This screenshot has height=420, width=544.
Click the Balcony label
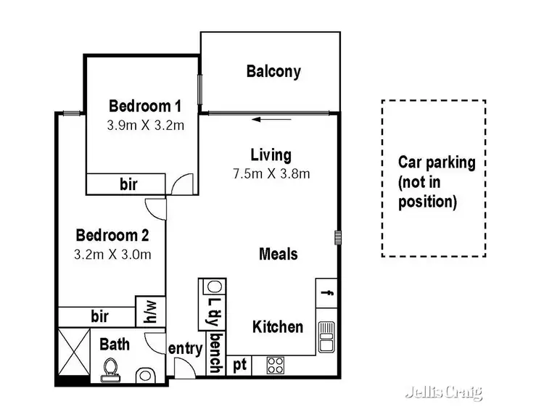(273, 71)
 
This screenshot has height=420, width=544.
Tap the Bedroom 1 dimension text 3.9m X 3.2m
(146, 125)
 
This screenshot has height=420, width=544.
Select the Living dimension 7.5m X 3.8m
(271, 173)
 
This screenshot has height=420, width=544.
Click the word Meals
(279, 254)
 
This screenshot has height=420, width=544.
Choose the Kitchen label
(277, 327)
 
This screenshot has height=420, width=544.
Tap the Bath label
(115, 343)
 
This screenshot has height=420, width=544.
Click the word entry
(185, 349)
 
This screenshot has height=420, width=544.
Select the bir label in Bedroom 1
(128, 184)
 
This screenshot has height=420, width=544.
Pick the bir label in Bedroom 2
(99, 316)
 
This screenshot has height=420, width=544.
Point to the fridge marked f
(327, 293)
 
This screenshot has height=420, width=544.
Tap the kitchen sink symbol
(326, 336)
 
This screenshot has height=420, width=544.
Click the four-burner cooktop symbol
(276, 365)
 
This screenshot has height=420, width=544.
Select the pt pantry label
(240, 366)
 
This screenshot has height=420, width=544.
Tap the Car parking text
(437, 181)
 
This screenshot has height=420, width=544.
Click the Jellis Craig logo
(442, 392)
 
